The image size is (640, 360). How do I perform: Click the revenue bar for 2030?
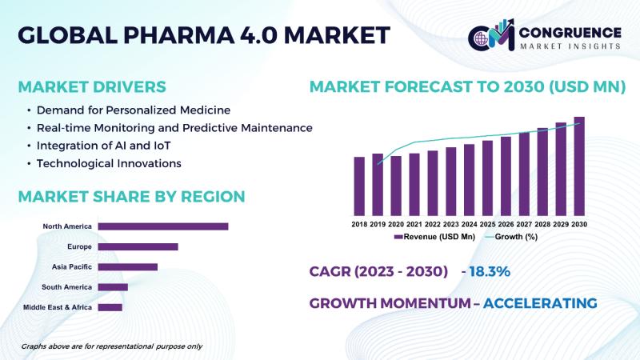579,167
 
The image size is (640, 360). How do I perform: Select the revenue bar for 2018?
359,186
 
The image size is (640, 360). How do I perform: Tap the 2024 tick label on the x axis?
470,225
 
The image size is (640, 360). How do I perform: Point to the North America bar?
163,226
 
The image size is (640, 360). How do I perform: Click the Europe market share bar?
138,246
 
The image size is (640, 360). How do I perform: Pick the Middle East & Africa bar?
110,307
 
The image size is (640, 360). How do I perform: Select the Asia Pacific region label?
72,266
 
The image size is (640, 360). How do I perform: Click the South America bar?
113,286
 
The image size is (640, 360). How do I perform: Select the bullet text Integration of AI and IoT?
104,146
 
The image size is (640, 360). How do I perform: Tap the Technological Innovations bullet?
109,163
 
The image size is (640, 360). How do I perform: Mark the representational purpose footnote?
111,346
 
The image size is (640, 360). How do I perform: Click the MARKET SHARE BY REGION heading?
131,197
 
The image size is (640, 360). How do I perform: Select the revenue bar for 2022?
433,183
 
